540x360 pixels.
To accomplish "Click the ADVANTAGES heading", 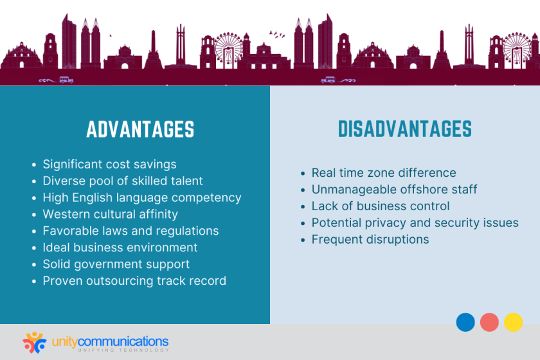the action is tap(140, 129).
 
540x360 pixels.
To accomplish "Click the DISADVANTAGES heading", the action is tap(404, 129).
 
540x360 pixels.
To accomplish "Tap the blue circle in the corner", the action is tap(465, 322).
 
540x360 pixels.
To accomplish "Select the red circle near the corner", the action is tap(489, 322).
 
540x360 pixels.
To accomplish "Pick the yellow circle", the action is tap(513, 322).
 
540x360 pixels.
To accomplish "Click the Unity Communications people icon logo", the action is tap(35, 343).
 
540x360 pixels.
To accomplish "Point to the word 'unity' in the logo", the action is tap(65, 342).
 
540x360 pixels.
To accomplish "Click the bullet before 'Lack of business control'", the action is tap(303, 207).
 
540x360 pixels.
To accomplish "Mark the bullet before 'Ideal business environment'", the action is tap(33, 248).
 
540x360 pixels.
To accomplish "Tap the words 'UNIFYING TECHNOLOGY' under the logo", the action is tap(123, 350).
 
